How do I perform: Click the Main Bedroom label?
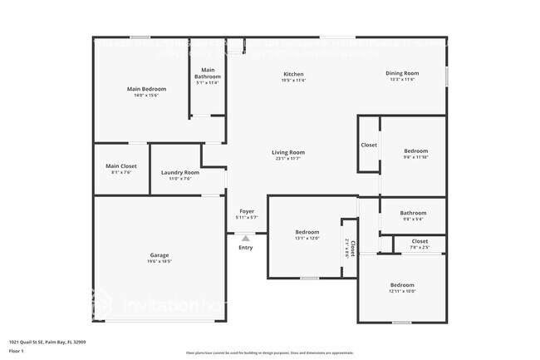tap(146, 89)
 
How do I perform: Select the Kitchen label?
tap(293, 74)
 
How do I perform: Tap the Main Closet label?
tap(121, 166)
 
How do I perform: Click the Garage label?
tap(160, 254)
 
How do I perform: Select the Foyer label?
tap(247, 211)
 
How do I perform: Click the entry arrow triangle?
tap(245, 238)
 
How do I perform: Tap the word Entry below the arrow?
tap(246, 248)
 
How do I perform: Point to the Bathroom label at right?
tap(413, 213)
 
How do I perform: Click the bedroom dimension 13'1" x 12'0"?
tap(307, 238)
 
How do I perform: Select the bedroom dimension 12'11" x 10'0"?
tap(402, 291)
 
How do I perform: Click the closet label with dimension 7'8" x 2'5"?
tap(420, 241)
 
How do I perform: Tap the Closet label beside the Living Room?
tap(369, 145)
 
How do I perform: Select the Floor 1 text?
tap(17, 352)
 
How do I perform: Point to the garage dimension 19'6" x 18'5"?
tap(160, 261)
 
